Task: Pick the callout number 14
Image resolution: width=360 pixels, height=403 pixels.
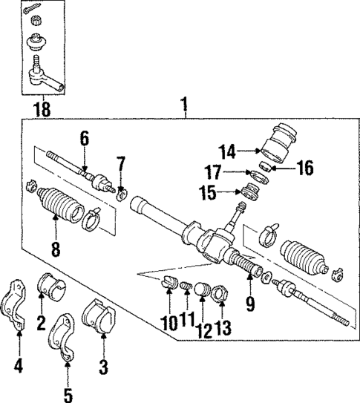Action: click(x=228, y=151)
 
